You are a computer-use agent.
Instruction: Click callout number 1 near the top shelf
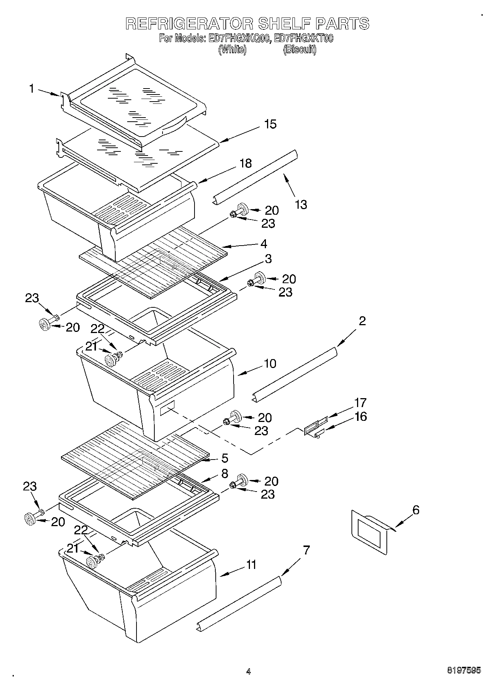coord(32,89)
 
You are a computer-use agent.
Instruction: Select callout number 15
coord(270,124)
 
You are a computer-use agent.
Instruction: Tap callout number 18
coord(245,163)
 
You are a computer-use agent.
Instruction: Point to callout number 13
coord(301,204)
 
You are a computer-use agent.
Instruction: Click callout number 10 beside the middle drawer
coord(270,364)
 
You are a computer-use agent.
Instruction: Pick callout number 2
coord(362,321)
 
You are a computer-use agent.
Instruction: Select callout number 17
coord(360,403)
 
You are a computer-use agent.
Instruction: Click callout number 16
coord(360,416)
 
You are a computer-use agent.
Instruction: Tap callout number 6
coord(416,510)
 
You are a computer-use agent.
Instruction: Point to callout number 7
coord(306,550)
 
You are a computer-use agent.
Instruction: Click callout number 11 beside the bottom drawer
coord(251,565)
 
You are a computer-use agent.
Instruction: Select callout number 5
coord(225,458)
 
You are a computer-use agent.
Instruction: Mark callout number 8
coord(224,474)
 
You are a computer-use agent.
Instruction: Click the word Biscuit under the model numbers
coord(299,50)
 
